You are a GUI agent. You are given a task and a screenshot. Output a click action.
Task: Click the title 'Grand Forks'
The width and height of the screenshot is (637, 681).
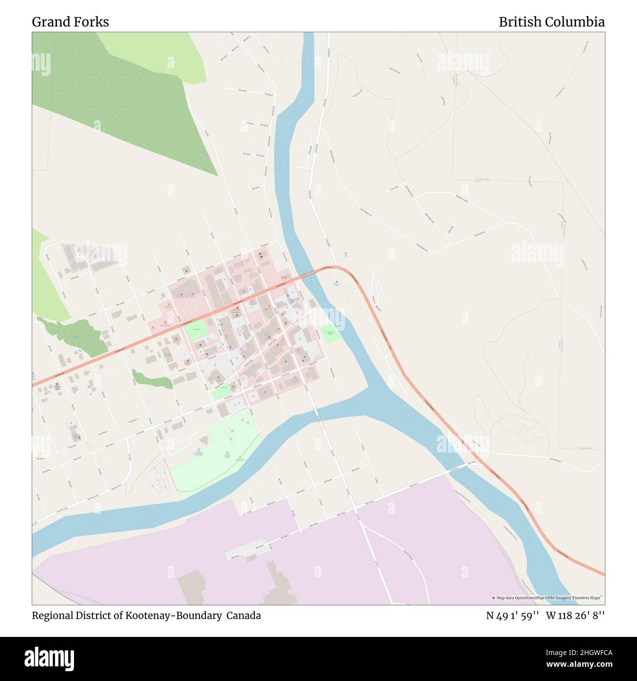(x=71, y=22)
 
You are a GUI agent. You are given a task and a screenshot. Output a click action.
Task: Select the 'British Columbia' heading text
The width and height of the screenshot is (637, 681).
(x=551, y=22)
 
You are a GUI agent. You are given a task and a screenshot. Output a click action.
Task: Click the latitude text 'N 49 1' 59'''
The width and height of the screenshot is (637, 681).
(x=513, y=615)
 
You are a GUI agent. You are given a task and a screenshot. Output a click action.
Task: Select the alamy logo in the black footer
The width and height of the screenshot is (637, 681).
(x=51, y=657)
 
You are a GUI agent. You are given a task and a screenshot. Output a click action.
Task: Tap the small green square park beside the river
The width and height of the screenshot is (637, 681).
(x=330, y=334)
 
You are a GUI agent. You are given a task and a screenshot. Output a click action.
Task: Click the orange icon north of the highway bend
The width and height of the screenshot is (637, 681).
(x=346, y=253)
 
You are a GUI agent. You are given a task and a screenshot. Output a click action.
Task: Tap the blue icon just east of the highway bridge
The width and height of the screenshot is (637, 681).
(x=337, y=281)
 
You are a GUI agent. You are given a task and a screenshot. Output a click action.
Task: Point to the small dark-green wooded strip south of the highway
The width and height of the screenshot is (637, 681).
(x=152, y=379)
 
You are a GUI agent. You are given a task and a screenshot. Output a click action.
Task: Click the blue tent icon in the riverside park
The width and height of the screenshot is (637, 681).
(x=198, y=449)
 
